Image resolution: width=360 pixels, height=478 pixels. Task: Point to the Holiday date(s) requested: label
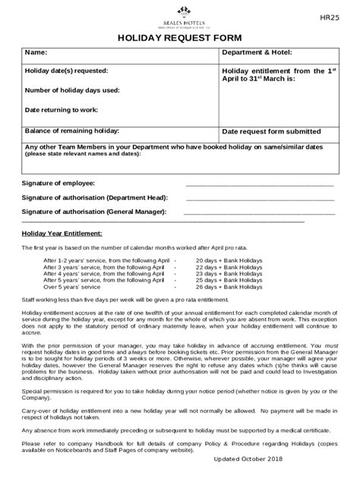(67, 71)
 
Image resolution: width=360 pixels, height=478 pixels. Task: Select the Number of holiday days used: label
(73, 90)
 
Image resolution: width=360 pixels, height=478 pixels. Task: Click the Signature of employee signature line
(260, 184)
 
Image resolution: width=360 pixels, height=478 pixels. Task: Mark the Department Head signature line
(260, 198)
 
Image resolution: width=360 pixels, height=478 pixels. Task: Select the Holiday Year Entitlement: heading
(62, 234)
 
